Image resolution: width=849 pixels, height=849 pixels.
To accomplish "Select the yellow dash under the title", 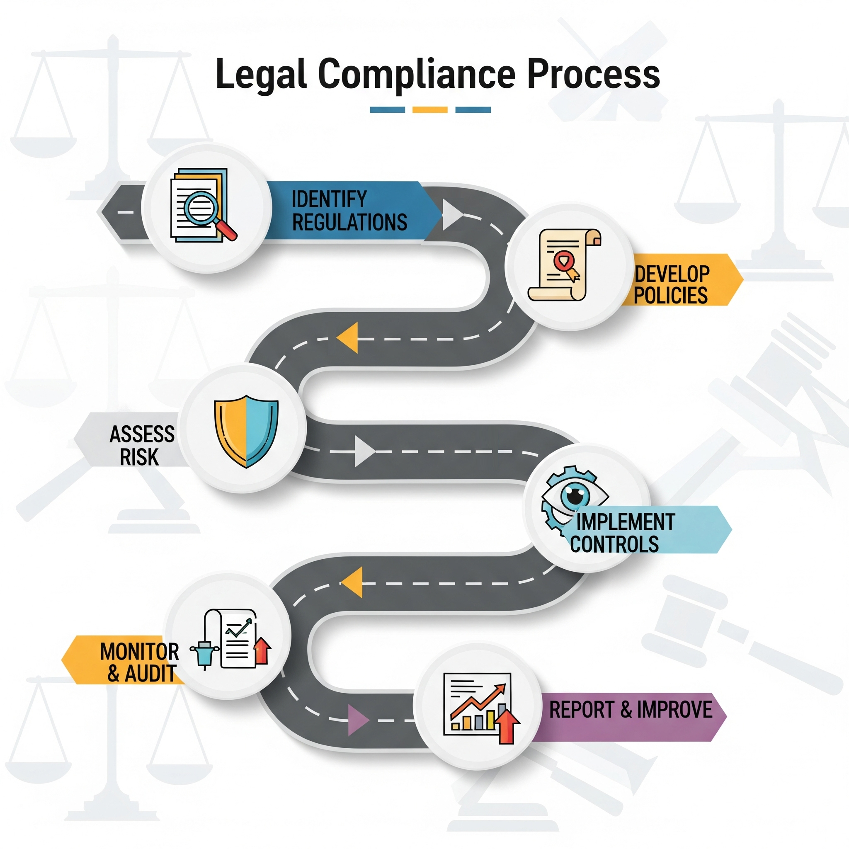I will click(x=429, y=110).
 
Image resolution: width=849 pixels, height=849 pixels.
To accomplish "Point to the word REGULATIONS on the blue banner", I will click(x=349, y=222).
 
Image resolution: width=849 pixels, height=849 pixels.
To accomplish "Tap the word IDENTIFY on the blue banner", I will click(x=329, y=199).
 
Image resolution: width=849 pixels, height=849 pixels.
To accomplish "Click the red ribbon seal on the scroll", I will click(x=562, y=261).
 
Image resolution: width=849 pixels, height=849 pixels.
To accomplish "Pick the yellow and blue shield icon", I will click(x=246, y=431).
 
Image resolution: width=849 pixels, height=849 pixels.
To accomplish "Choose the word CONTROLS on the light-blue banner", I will click(x=614, y=544).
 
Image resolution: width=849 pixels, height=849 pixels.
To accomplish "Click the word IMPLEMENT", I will click(x=625, y=522).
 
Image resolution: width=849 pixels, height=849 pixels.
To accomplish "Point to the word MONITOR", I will click(x=139, y=651).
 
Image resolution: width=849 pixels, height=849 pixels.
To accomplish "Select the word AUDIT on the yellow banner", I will click(x=150, y=674).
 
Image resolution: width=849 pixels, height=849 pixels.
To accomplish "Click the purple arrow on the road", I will click(x=357, y=720).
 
